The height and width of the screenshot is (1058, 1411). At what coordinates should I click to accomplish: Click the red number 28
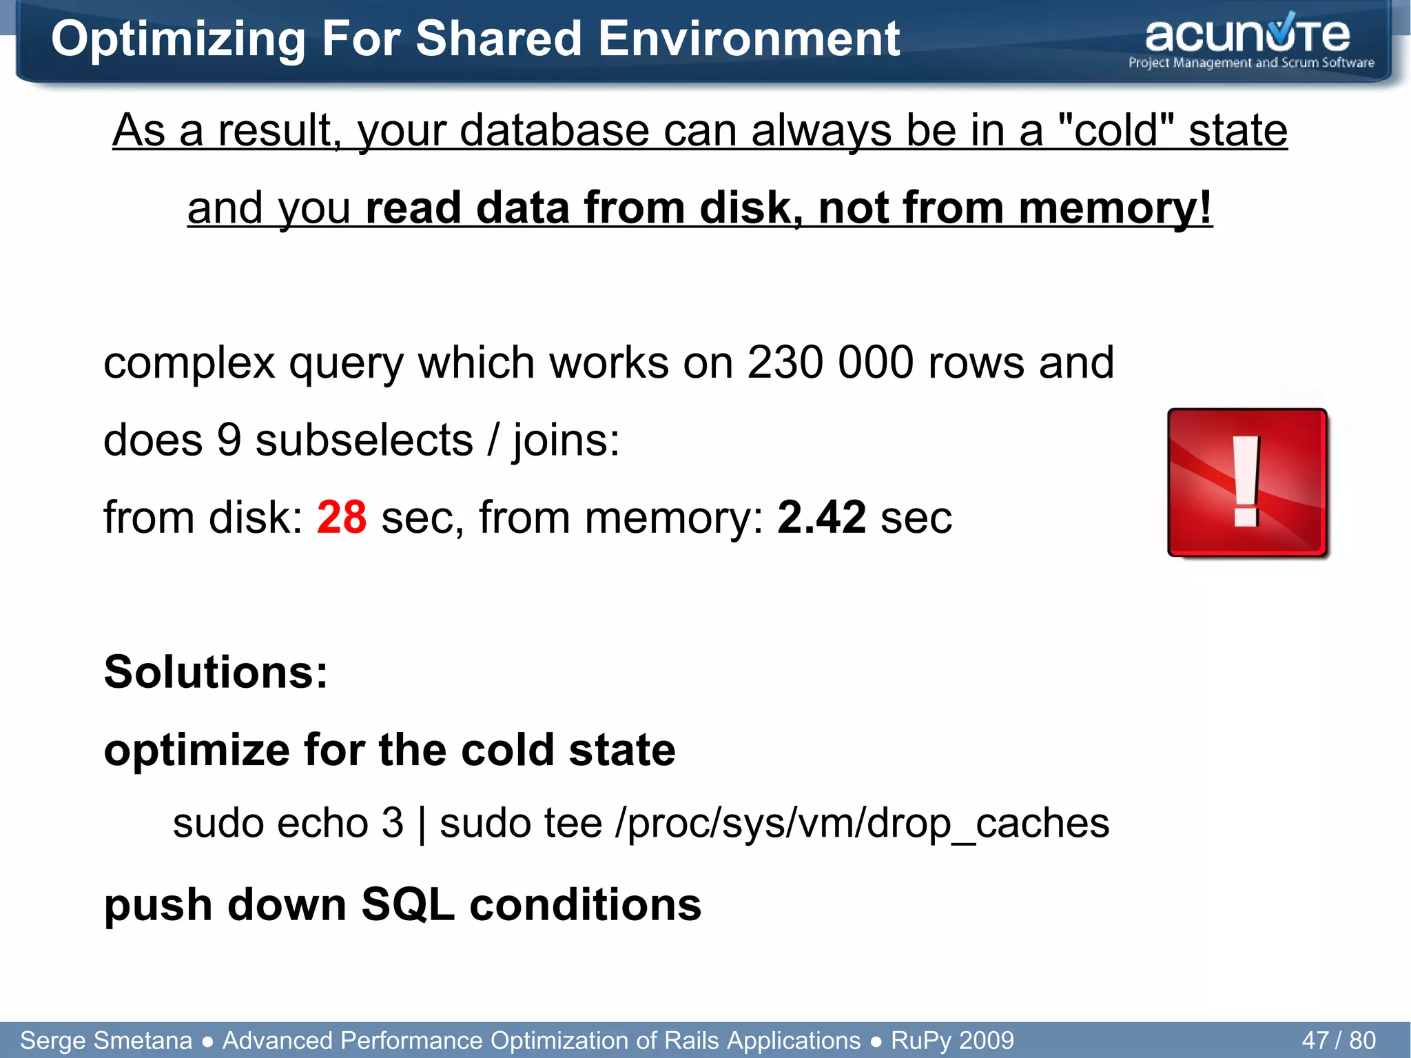tap(341, 517)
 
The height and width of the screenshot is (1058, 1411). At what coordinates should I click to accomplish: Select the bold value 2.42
tap(821, 517)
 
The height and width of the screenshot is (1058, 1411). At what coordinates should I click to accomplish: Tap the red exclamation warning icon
tap(1248, 482)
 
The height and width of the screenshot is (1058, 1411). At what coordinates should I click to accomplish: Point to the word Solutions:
tap(216, 671)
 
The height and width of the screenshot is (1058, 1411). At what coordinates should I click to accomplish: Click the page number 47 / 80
tap(1339, 1040)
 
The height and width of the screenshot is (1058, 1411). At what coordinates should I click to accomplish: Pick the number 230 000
tap(830, 362)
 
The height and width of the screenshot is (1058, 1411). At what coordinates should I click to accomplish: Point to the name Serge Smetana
tap(106, 1040)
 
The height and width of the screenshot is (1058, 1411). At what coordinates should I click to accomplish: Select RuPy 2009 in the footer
tap(952, 1040)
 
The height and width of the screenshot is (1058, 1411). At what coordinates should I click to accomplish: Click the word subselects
tap(364, 440)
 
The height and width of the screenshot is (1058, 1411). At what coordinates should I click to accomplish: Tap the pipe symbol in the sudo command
tap(422, 824)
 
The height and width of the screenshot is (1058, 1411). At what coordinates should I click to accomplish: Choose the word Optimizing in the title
tap(178, 39)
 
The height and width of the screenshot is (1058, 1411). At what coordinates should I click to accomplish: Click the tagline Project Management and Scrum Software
tap(1250, 63)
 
